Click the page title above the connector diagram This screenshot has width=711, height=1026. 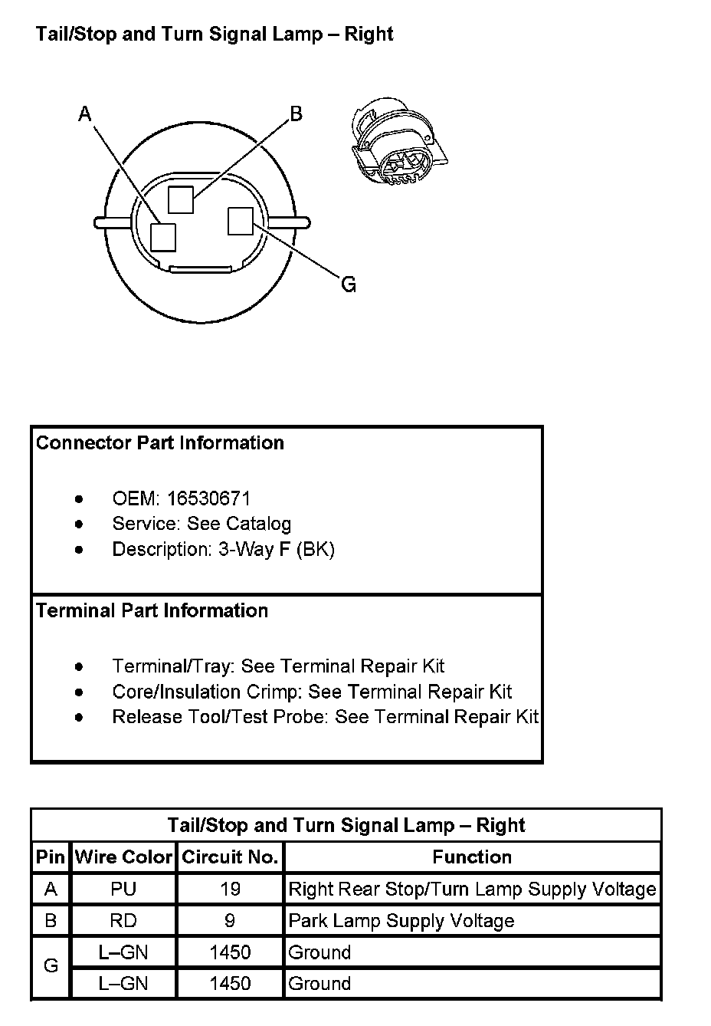click(x=215, y=35)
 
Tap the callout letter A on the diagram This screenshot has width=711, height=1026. click(x=85, y=114)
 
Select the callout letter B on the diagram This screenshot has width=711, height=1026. click(x=296, y=114)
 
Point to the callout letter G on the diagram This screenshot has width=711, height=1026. click(x=349, y=285)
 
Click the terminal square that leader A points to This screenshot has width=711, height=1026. click(x=163, y=237)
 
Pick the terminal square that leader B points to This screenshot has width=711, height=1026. click(x=181, y=199)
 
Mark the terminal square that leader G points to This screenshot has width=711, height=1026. click(x=240, y=222)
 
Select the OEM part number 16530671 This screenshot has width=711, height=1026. click(x=208, y=498)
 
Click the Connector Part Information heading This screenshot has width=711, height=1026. click(x=160, y=443)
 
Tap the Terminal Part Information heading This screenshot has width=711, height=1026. click(x=152, y=611)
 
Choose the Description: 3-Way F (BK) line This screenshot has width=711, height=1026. click(x=223, y=550)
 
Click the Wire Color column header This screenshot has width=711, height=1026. click(x=123, y=857)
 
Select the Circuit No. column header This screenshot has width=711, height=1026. click(x=230, y=857)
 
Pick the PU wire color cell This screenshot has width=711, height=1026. click(x=123, y=889)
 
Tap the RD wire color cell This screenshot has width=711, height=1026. click(x=123, y=920)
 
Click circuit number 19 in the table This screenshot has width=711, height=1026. click(x=230, y=889)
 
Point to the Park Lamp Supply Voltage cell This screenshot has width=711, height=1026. click(x=401, y=920)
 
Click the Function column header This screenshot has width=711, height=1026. click(x=472, y=857)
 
